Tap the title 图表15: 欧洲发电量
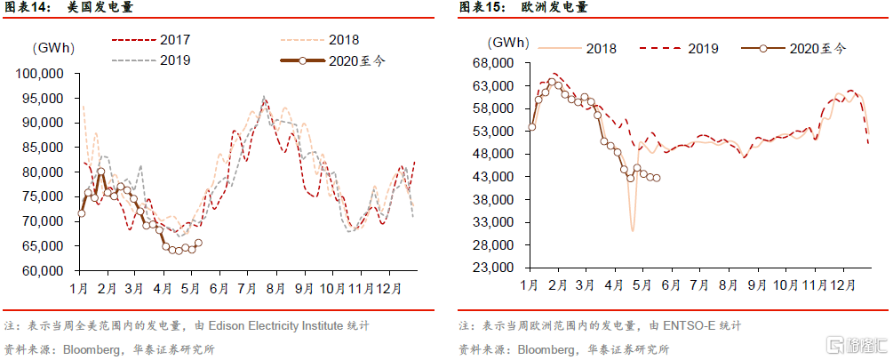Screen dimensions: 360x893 (510, 9)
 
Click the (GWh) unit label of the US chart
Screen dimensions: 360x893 (53, 47)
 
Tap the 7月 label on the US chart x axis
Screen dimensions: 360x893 (245, 289)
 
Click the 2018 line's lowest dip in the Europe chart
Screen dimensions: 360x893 (633, 231)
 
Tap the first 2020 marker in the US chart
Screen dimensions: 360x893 (81, 213)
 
